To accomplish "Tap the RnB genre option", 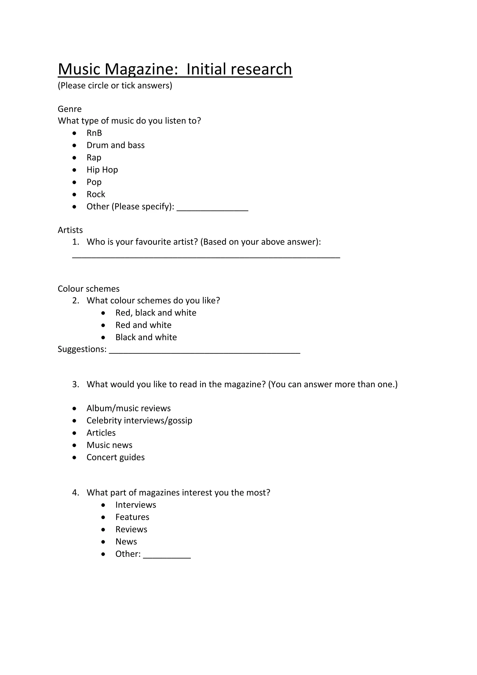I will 94,133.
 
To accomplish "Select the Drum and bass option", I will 116,145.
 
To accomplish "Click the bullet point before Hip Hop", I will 74,170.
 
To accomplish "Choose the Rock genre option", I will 96,194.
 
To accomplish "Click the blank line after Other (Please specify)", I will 212,209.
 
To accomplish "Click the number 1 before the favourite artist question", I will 75,242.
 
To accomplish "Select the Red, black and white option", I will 156,313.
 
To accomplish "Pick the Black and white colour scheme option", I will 146,337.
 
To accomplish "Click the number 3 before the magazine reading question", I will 75,385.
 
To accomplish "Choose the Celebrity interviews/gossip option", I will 139,421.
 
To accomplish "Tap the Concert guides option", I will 116,458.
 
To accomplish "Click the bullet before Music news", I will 74,445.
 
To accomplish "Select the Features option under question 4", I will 132,517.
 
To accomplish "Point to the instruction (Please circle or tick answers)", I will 115,86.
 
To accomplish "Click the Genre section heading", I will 70,109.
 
